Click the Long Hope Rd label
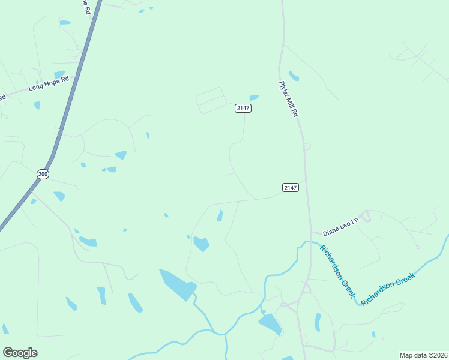click(49, 83)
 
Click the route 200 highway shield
click(42, 174)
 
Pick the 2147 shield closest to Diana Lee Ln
click(290, 188)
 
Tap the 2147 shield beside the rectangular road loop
click(243, 108)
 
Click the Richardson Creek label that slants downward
click(337, 272)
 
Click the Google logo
click(20, 353)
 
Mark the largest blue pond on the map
click(178, 284)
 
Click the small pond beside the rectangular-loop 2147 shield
click(254, 97)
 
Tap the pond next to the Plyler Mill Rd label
click(294, 76)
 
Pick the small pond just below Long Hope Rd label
click(37, 105)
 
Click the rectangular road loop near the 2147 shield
click(211, 100)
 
